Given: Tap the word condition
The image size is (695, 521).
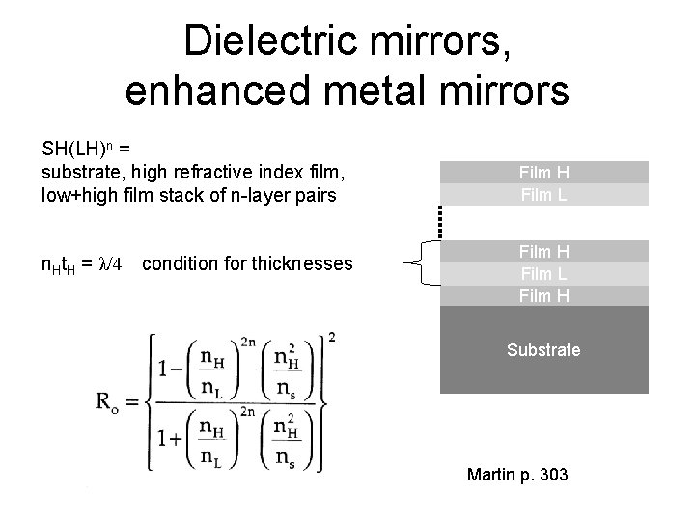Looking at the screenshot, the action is click(x=176, y=263).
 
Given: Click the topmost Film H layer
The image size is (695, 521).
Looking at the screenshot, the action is click(x=543, y=173).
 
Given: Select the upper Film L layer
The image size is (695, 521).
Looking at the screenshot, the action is click(x=543, y=194).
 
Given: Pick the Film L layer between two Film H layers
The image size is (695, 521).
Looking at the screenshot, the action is click(x=543, y=274).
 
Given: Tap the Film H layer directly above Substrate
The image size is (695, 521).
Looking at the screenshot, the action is click(x=543, y=295).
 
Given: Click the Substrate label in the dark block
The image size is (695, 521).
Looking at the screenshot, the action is click(x=543, y=350).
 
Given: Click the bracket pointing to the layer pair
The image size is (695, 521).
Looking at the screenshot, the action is click(x=423, y=262).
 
